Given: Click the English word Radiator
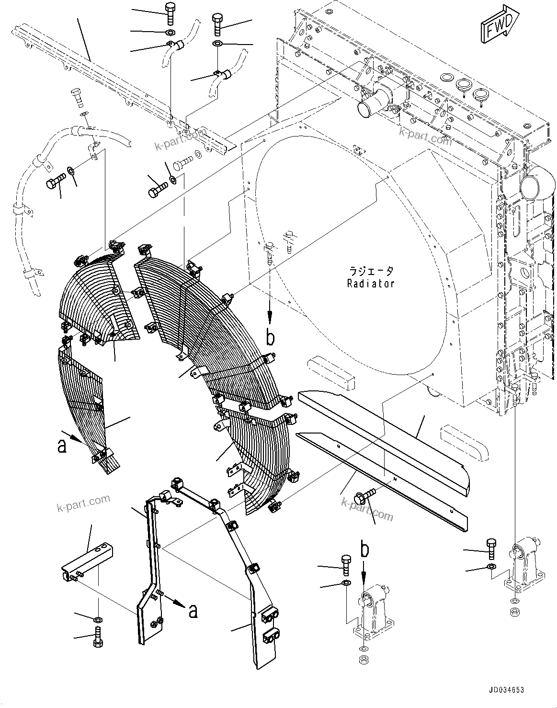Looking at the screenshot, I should pos(371,284).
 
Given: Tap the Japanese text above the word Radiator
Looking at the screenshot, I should pos(371,271).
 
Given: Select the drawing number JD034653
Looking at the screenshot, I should pos(506,690).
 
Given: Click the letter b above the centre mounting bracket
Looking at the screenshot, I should pos(365,549).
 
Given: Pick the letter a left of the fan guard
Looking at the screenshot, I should pos(61,445).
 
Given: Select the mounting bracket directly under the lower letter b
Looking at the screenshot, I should pos(374,611).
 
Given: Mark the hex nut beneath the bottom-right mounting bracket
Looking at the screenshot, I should pos(514,612).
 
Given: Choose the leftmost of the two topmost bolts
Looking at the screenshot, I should pos(170,12).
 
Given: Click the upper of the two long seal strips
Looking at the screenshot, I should pos(383,434).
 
